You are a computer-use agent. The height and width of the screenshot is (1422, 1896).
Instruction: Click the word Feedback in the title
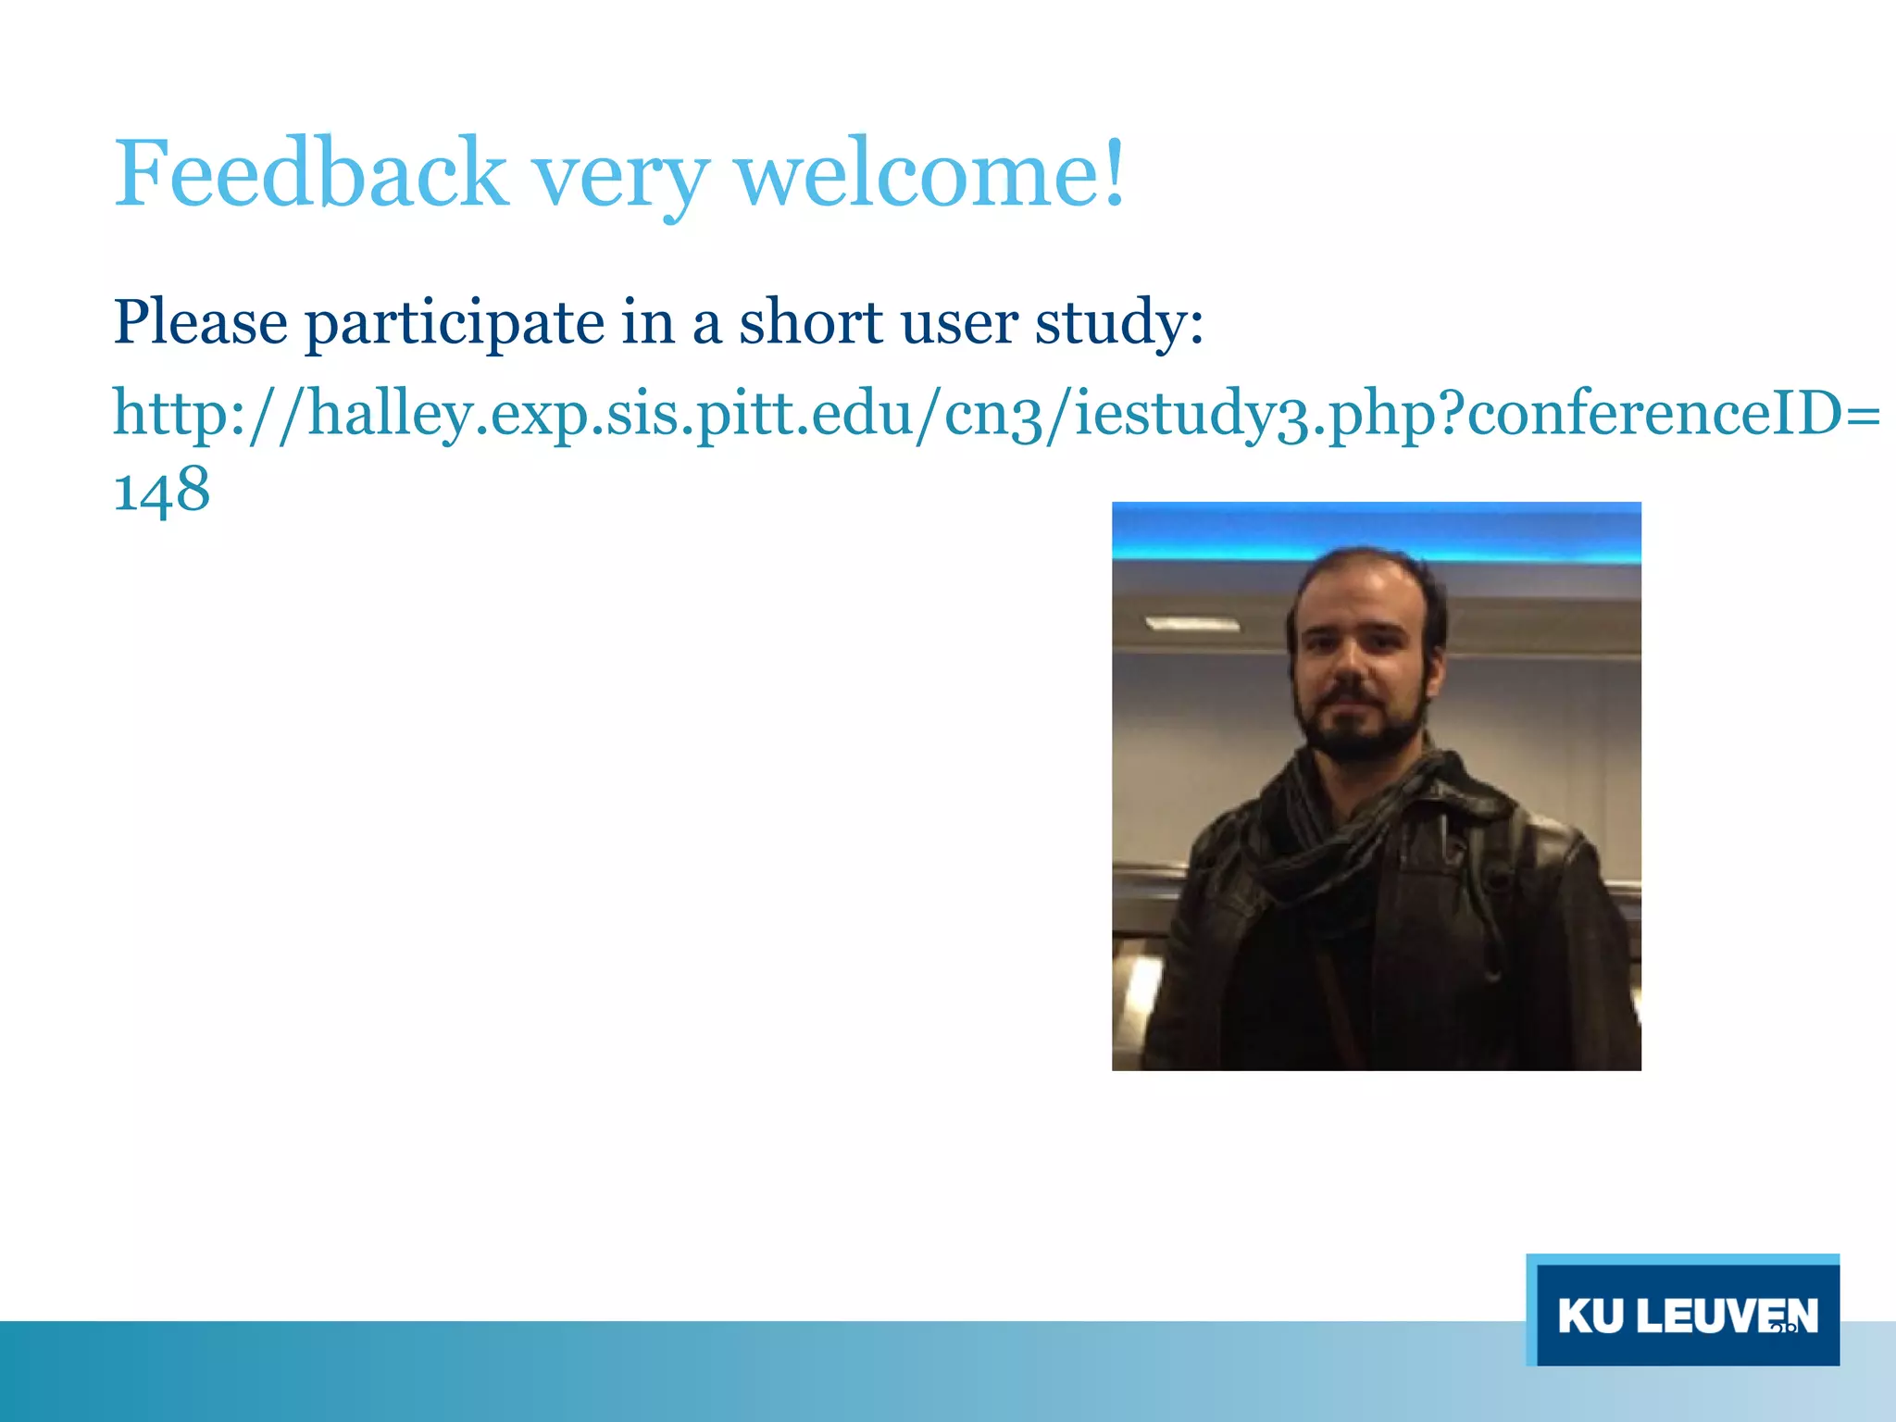[310, 174]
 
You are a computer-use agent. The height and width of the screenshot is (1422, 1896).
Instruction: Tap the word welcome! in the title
[929, 174]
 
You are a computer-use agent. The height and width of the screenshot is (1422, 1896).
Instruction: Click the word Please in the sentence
[200, 323]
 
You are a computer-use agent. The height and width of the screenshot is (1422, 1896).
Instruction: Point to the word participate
[455, 326]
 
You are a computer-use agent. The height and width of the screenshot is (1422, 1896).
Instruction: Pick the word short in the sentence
[810, 323]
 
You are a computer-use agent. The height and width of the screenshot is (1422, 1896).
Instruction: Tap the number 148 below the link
[161, 490]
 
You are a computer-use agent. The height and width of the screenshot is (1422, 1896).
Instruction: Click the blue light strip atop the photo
[1376, 530]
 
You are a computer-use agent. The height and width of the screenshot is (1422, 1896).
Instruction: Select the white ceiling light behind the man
[1191, 624]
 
